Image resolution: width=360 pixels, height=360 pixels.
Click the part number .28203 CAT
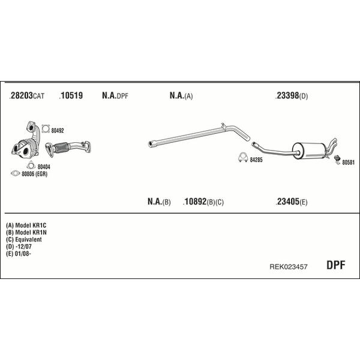(x=26, y=95)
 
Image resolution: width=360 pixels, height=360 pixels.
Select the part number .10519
(x=71, y=95)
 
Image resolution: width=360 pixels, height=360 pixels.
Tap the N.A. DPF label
(x=115, y=95)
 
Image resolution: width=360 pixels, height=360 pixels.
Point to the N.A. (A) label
(x=181, y=95)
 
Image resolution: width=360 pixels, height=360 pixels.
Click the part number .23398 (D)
(x=292, y=95)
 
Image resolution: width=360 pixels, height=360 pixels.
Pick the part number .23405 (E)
(x=291, y=202)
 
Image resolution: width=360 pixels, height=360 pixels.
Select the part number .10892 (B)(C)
(x=203, y=202)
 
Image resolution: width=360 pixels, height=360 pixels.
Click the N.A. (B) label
(x=159, y=202)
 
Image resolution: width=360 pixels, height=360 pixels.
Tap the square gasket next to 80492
(x=46, y=129)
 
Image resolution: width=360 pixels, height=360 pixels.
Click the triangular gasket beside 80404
(x=31, y=166)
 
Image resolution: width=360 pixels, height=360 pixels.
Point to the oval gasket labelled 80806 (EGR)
(x=16, y=173)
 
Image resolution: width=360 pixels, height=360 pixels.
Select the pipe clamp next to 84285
(x=242, y=157)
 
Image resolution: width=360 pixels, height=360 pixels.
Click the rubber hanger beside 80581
(x=337, y=160)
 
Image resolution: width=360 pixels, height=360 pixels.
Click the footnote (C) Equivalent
(x=24, y=239)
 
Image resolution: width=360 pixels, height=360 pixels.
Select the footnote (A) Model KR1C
(x=26, y=225)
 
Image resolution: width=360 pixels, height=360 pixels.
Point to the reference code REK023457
(x=289, y=266)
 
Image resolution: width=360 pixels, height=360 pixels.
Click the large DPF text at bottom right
(x=335, y=265)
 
